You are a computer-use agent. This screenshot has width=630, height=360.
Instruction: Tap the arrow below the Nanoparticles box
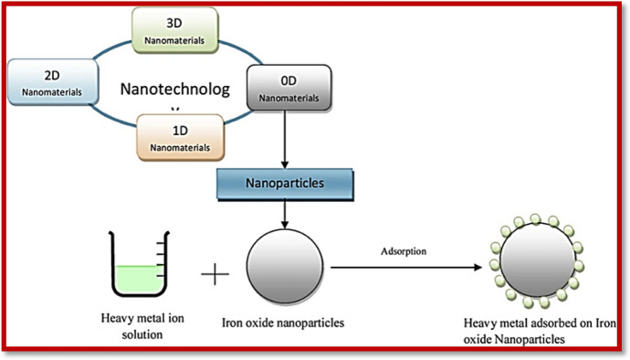click(x=288, y=214)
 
